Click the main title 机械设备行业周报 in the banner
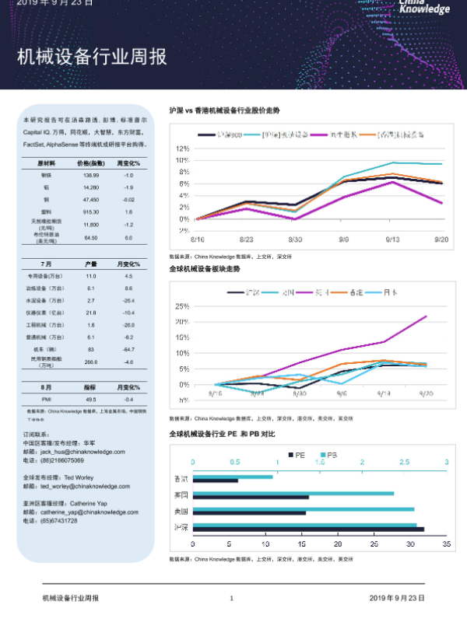[92, 58]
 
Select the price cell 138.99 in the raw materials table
[91, 176]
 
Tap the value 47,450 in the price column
[91, 200]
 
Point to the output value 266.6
[91, 362]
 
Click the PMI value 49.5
[91, 398]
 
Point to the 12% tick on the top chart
[183, 148]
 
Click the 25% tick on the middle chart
[183, 305]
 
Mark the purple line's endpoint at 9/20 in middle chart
[427, 316]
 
